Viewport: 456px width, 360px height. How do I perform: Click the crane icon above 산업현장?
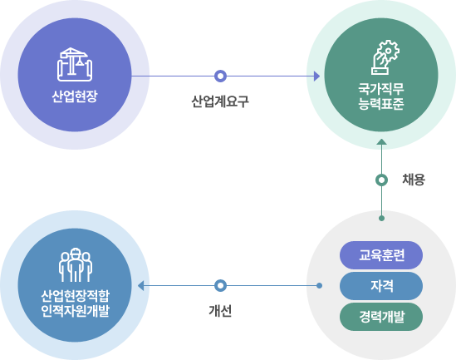tap(75, 64)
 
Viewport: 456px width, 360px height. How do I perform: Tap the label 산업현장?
tap(75, 96)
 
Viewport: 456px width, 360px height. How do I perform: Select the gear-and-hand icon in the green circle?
tap(385, 57)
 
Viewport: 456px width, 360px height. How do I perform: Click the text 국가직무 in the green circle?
tap(381, 89)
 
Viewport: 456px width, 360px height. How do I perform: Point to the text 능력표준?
tap(381, 104)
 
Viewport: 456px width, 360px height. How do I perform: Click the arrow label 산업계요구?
tap(220, 102)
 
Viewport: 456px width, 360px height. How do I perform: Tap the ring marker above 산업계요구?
tap(220, 76)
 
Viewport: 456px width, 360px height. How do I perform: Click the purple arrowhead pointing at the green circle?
tap(317, 76)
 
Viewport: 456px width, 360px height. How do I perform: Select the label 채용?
tap(414, 180)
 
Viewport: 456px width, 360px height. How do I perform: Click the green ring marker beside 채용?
tap(381, 180)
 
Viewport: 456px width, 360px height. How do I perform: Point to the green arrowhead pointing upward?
tap(381, 141)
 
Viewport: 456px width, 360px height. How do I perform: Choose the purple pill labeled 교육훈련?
tap(381, 255)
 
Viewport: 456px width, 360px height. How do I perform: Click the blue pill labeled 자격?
tap(381, 286)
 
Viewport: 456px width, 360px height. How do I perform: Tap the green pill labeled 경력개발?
tap(381, 317)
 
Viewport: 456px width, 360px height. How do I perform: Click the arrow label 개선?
tap(220, 311)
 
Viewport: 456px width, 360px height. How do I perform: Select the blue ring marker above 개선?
tap(220, 285)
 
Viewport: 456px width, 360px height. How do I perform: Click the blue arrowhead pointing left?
tap(140, 285)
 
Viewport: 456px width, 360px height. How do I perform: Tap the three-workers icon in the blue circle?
tap(76, 265)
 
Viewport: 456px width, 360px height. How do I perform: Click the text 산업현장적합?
tap(75, 296)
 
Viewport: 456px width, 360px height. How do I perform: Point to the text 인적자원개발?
tap(75, 311)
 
